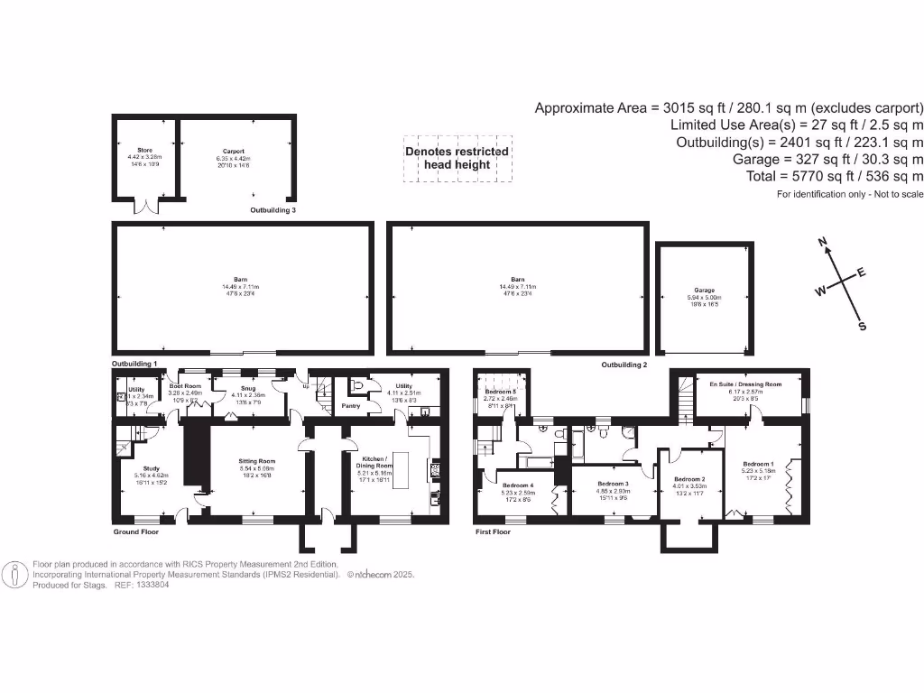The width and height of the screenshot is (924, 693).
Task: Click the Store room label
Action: click(x=144, y=151)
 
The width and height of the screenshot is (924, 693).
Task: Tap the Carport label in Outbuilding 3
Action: click(x=234, y=152)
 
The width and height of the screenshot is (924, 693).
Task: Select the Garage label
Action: click(x=705, y=291)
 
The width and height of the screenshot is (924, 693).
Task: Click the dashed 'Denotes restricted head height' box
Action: click(x=457, y=158)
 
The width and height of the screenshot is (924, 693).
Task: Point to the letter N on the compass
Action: click(x=822, y=242)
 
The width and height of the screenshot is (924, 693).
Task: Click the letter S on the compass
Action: click(x=861, y=327)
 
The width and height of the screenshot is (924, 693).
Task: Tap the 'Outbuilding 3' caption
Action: click(x=273, y=209)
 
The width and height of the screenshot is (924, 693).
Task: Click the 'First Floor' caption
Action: click(x=495, y=531)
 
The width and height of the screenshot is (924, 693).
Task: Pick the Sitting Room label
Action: click(x=255, y=460)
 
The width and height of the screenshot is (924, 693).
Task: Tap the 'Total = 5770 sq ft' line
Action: click(x=835, y=176)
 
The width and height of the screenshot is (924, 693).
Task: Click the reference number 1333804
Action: click(x=150, y=585)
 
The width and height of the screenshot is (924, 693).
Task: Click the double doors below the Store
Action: click(x=143, y=207)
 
